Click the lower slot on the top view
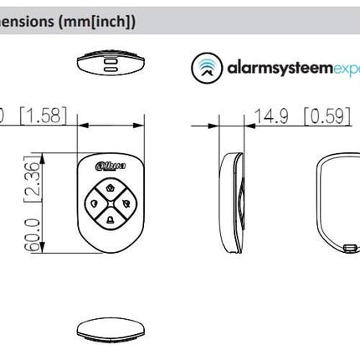click(x=111, y=71)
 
